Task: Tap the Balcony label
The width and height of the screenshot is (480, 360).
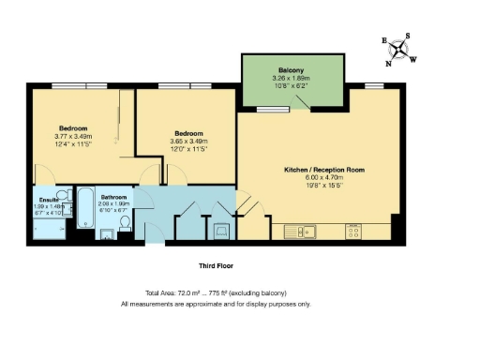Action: point(277,67)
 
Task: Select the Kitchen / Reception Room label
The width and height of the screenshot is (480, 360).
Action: point(323,171)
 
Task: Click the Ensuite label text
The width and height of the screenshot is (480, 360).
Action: point(46,199)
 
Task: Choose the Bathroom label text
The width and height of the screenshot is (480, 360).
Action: point(114,197)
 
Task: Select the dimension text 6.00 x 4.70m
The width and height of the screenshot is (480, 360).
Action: point(323,179)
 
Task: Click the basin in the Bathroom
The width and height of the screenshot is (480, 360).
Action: point(106,235)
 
